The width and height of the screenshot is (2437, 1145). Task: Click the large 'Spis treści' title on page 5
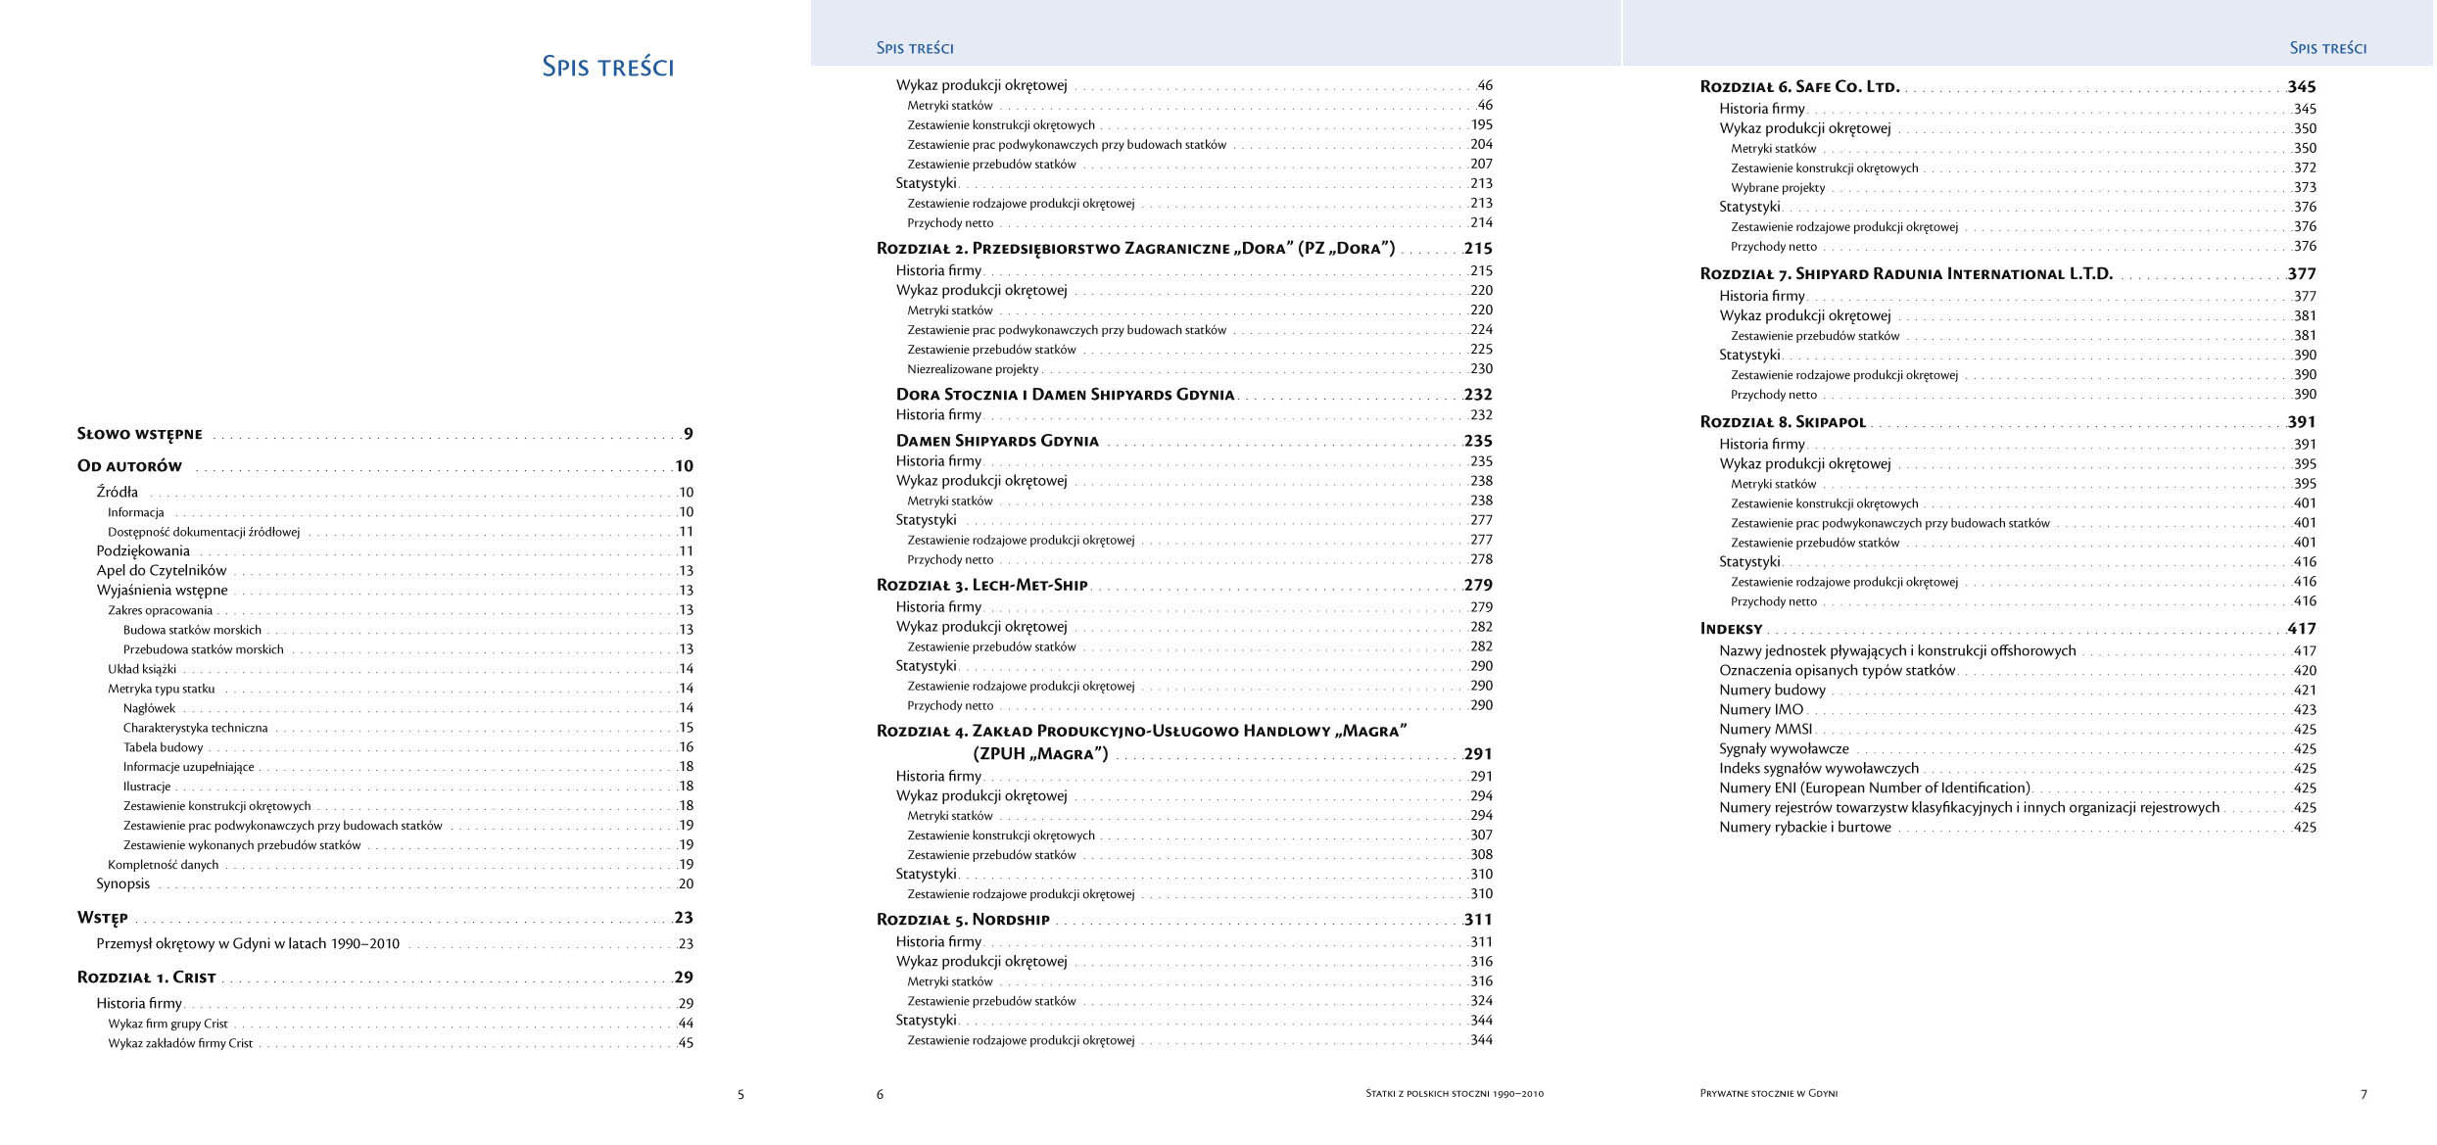607,67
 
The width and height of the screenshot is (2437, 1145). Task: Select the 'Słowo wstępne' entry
140,434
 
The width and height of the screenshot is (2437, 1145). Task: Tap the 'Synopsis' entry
122,883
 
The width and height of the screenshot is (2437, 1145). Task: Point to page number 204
1480,144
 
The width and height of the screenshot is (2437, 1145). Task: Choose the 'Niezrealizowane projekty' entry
972,369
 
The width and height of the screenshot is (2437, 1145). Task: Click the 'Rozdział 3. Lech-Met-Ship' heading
981,586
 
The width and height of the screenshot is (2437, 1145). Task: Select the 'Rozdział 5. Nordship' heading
963,920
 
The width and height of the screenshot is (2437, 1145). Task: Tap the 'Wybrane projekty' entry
1777,187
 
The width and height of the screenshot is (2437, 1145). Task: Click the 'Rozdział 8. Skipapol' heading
1783,422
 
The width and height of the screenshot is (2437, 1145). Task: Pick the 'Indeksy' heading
1731,629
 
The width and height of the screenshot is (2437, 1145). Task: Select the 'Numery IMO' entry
1760,709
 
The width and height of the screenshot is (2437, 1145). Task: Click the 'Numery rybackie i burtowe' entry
1804,827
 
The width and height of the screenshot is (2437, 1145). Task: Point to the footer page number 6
880,1094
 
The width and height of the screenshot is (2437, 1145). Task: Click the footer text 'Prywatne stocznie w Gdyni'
1768,1093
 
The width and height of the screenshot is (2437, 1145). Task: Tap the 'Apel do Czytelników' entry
161,570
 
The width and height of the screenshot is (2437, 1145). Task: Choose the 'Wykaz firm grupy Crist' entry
167,1024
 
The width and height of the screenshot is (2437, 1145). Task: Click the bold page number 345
2301,87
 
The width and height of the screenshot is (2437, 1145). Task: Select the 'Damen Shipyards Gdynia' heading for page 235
997,442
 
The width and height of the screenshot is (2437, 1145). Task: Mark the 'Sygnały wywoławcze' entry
1784,748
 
